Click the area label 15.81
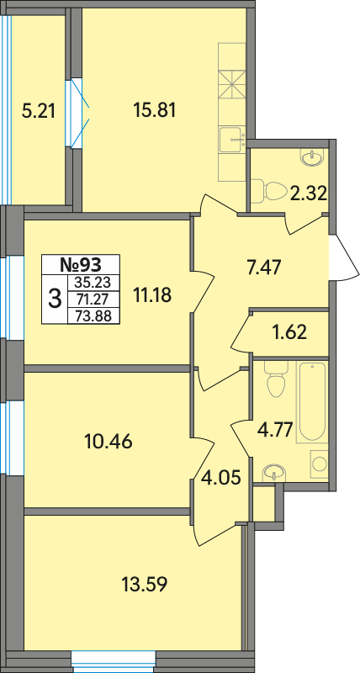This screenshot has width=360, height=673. (155, 111)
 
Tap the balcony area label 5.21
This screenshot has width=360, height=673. (38, 112)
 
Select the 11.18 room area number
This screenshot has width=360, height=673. (152, 295)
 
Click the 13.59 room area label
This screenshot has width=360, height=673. (144, 584)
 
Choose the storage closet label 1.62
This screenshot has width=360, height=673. (289, 332)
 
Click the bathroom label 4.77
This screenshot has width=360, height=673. (276, 429)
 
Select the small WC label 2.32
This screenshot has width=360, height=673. (309, 194)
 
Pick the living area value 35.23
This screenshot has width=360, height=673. (93, 282)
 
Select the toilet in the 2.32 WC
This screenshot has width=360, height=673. (271, 188)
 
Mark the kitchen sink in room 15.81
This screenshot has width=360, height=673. (231, 140)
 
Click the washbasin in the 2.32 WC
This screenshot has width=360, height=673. (311, 157)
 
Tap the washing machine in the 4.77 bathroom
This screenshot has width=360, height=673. (319, 464)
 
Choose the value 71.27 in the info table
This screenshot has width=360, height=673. (93, 299)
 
